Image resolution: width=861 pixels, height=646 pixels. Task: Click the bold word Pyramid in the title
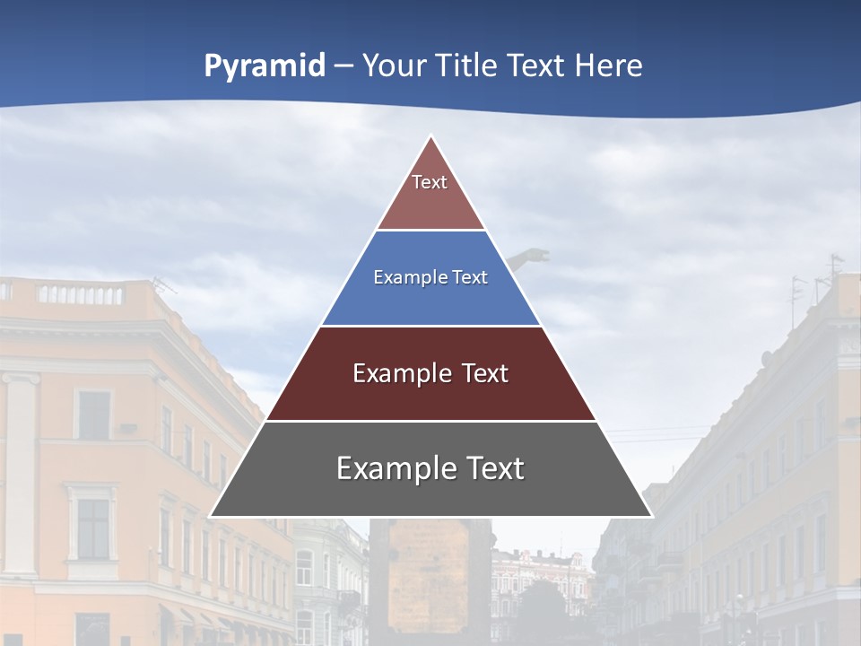265,66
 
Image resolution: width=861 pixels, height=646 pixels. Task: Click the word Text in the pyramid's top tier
430,182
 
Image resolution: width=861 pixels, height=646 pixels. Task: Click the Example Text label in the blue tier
430,277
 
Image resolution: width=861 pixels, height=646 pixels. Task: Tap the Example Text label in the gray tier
430,468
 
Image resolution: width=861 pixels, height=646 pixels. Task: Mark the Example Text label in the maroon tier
430,373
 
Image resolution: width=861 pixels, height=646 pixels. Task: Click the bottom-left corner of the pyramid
211,516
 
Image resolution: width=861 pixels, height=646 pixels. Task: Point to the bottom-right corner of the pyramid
651,516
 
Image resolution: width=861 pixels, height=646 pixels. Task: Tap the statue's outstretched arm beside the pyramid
533,258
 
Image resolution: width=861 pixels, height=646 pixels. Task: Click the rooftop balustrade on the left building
81,293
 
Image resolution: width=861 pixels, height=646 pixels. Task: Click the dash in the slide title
344,66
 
